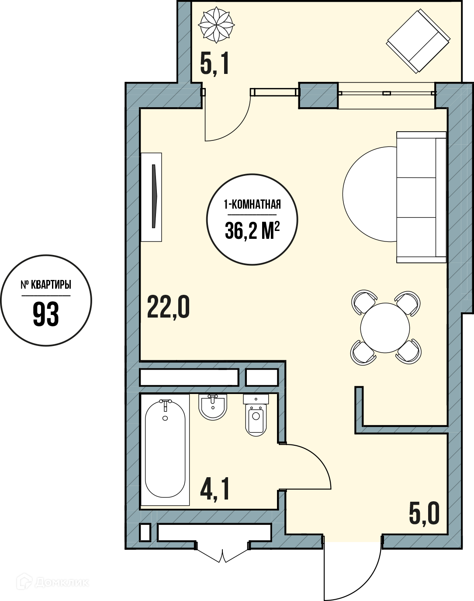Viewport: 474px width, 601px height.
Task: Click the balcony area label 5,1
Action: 215,65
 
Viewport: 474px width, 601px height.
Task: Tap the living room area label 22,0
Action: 168,308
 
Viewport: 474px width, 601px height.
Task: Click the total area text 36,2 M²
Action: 252,230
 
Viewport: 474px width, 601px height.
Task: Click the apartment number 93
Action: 46,315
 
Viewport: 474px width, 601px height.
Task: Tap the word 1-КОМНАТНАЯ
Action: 252,205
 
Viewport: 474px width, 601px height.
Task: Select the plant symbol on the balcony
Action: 216,25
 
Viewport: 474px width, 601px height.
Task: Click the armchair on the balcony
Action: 418,41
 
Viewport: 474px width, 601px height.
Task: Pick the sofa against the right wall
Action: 421,197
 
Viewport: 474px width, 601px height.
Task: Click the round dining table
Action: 385,328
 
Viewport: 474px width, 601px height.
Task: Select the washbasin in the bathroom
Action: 213,407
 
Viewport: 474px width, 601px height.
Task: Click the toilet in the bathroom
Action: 256,415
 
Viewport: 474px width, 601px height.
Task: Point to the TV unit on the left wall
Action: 151,197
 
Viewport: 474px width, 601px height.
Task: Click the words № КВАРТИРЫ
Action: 46,285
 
